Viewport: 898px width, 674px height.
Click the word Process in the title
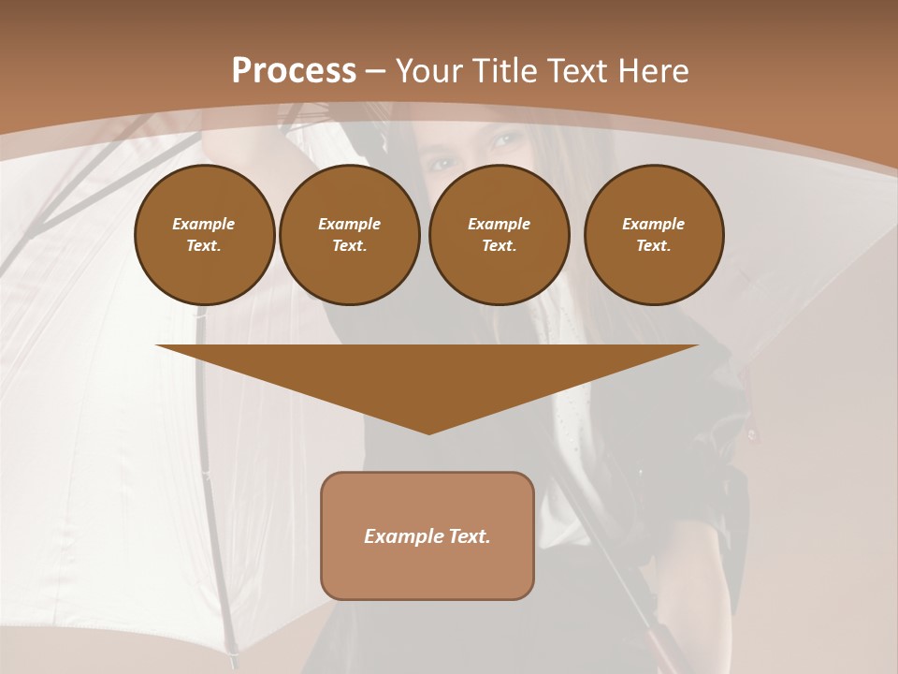pos(294,71)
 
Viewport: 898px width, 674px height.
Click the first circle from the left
pos(204,235)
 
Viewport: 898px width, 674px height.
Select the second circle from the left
pos(349,235)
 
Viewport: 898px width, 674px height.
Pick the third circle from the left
pos(499,235)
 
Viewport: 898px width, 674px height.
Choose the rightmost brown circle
pos(653,235)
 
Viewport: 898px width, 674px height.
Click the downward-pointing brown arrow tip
pos(428,426)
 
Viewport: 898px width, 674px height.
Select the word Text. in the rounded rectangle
pos(469,536)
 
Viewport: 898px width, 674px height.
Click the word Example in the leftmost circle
pos(204,224)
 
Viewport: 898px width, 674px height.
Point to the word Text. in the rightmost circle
pos(653,246)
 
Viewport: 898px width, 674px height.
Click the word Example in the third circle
pos(499,224)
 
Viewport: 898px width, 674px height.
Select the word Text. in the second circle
pos(349,246)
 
